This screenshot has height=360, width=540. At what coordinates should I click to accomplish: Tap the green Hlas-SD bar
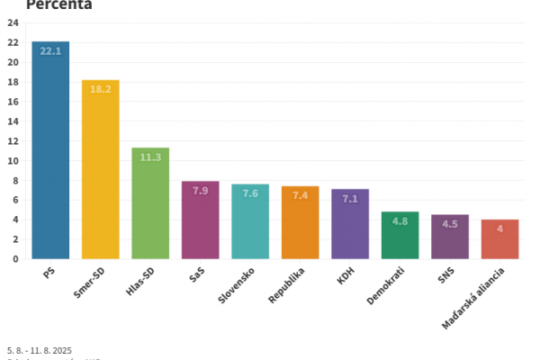click(150, 203)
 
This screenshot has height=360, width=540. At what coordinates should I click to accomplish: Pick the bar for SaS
click(200, 220)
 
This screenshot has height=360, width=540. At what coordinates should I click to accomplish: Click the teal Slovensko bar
click(250, 221)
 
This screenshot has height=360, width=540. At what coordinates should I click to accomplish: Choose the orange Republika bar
click(300, 222)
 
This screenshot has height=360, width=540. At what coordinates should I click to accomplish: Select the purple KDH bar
click(350, 224)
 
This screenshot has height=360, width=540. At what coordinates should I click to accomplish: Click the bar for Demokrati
click(400, 236)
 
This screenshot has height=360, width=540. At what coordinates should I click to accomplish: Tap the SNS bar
click(450, 237)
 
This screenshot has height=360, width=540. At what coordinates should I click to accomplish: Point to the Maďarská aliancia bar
click(499, 239)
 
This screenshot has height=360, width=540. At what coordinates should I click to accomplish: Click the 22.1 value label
click(50, 51)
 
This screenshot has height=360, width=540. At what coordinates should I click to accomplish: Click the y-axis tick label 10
click(13, 161)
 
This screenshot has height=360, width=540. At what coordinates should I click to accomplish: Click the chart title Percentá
click(59, 5)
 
